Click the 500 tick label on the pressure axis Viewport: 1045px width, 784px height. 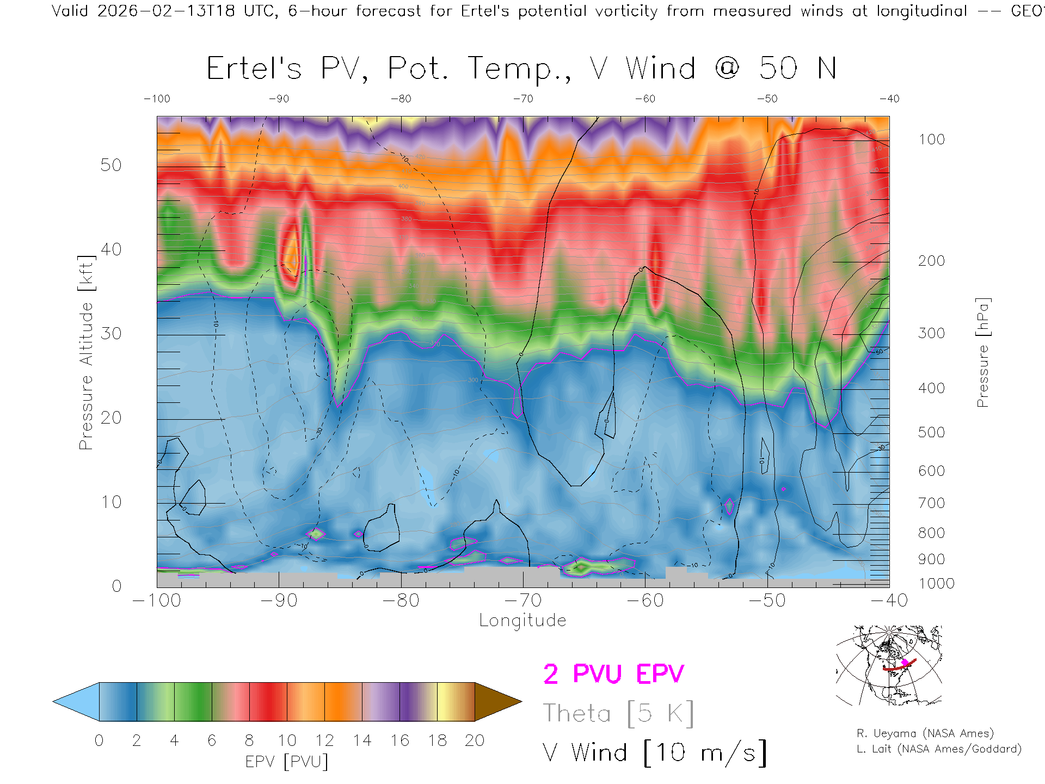[931, 432]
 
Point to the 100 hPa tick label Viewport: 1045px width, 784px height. [931, 139]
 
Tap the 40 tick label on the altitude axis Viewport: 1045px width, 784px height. [111, 249]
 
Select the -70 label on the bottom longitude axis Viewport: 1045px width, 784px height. [523, 601]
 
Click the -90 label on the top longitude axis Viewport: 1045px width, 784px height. [279, 99]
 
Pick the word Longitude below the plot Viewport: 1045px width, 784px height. [522, 621]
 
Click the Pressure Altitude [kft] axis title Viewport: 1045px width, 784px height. [87, 352]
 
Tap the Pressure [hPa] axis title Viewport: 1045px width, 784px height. [982, 352]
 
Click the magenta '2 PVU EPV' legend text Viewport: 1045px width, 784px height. [613, 674]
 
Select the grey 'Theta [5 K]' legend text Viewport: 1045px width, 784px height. [618, 713]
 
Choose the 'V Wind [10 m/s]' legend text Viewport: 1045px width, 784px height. [655, 752]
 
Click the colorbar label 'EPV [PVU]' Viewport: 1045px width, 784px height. [287, 762]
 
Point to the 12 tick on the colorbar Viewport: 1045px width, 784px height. [324, 740]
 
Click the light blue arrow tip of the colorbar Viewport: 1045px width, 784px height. [76, 702]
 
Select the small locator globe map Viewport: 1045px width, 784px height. [889, 665]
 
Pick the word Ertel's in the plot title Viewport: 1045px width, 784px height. [254, 69]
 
